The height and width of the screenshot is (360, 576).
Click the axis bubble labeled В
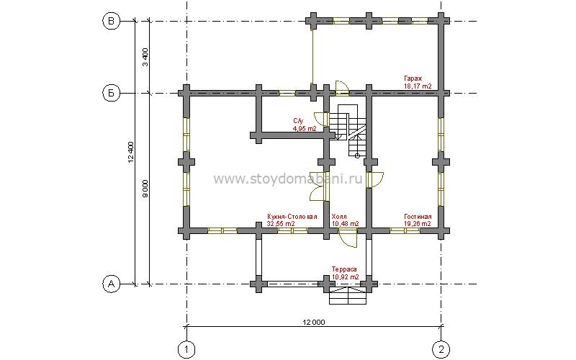(111, 22)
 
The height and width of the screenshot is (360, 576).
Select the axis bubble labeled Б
(111, 94)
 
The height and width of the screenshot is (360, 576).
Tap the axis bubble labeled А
(111, 284)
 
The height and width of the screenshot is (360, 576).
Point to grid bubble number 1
(186, 348)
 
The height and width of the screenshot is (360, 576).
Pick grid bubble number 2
(441, 348)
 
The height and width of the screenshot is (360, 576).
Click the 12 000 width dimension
(314, 322)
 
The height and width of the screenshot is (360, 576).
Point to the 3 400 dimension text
(145, 57)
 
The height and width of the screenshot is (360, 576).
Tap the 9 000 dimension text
(145, 189)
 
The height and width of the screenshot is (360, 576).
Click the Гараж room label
(413, 78)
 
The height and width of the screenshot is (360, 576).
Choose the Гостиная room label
(418, 217)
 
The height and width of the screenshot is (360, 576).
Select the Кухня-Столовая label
(292, 217)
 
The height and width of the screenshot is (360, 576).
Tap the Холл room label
(338, 217)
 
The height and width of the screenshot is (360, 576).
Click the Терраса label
(344, 269)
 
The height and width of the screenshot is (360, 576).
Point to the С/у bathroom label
(297, 120)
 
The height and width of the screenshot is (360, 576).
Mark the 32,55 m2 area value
(281, 224)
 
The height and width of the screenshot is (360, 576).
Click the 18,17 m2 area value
(418, 86)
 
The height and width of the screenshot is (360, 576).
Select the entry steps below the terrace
(348, 296)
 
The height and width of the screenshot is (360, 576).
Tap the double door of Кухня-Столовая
(318, 186)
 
